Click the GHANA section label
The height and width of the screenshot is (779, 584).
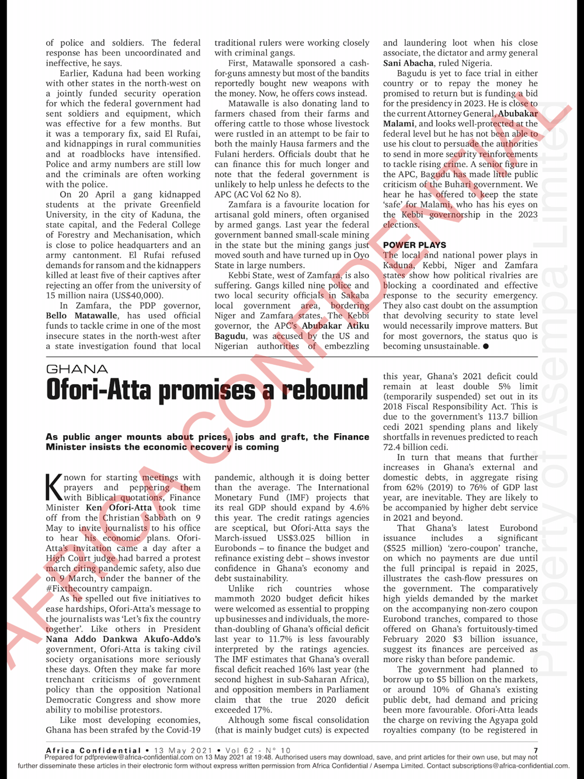(x=77, y=369)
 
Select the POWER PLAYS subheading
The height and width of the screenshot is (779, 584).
(x=414, y=245)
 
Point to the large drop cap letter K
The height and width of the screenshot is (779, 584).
(x=54, y=488)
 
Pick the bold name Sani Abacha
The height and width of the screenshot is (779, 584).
(x=408, y=63)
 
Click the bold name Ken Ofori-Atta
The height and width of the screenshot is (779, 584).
(x=119, y=507)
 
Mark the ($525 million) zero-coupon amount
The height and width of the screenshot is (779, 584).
(x=413, y=548)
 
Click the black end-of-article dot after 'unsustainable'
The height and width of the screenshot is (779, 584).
(x=486, y=346)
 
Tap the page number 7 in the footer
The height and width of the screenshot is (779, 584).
(x=535, y=750)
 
